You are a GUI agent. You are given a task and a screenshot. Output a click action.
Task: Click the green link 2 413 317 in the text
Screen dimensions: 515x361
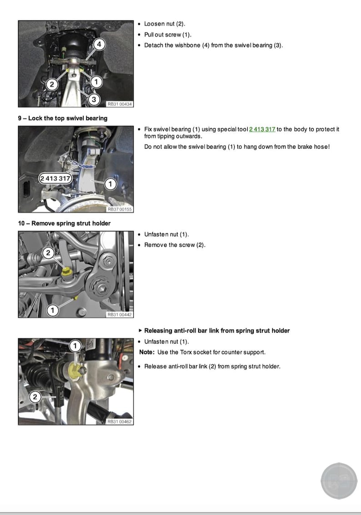[262, 130]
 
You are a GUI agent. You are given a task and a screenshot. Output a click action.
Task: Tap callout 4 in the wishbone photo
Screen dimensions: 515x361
[100, 45]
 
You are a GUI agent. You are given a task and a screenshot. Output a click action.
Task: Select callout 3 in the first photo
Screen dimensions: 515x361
[94, 99]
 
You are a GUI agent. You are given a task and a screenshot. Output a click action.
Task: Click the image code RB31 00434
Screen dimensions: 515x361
[120, 104]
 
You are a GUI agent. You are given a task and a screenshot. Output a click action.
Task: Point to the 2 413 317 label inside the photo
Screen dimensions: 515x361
[55, 178]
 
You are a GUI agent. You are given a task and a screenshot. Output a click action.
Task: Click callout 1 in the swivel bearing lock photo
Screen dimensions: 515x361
[110, 184]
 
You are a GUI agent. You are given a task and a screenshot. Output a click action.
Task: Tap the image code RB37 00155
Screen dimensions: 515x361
[120, 210]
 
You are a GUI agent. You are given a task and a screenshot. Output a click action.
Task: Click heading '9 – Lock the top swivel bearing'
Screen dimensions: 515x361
[63, 118]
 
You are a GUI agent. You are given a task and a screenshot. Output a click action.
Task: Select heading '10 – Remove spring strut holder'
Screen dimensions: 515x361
[64, 223]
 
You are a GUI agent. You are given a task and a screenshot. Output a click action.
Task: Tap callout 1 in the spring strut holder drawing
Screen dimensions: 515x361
[53, 310]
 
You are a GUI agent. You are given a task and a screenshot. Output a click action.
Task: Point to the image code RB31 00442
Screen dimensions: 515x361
[120, 315]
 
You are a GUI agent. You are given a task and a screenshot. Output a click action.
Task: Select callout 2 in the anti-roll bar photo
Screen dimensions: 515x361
[35, 397]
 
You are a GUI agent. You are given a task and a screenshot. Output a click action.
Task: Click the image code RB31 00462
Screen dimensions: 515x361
[120, 422]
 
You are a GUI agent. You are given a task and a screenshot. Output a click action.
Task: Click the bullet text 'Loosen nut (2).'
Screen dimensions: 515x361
[165, 24]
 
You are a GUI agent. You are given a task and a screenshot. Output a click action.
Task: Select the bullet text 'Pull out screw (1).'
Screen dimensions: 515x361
[168, 35]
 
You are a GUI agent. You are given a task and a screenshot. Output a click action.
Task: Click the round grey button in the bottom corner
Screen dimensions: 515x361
[339, 481]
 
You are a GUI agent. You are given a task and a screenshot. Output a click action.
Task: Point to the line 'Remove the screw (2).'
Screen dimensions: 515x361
[175, 245]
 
